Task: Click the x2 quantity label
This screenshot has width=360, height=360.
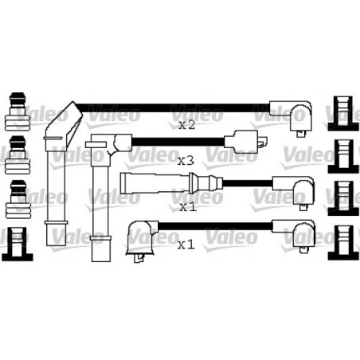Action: (x=186, y=125)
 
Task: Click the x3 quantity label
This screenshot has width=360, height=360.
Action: (x=186, y=160)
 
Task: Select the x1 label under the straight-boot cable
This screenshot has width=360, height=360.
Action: (x=188, y=207)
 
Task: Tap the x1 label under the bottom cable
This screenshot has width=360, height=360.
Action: (x=186, y=245)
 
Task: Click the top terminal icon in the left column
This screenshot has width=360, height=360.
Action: (x=18, y=112)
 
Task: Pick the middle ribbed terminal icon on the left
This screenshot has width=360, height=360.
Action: (x=18, y=155)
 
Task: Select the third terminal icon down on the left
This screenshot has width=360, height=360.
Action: (x=18, y=199)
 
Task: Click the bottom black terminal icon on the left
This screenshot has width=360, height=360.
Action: (x=17, y=244)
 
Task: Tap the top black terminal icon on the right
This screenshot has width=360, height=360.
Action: (x=343, y=113)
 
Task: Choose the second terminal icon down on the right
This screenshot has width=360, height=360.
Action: (x=343, y=156)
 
